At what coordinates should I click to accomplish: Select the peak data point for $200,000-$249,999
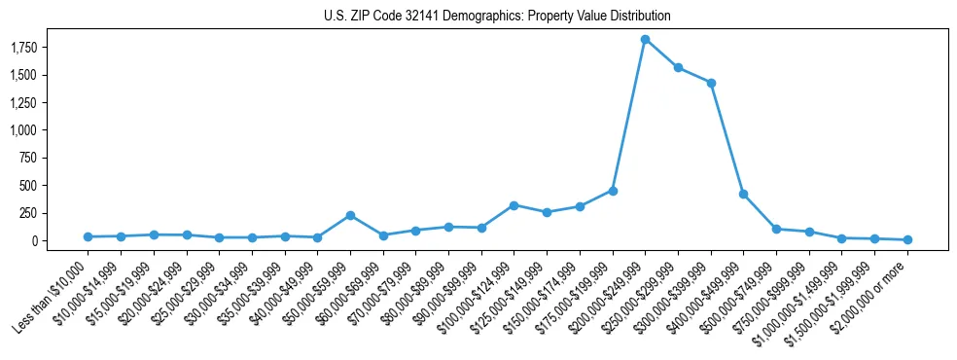tap(645, 39)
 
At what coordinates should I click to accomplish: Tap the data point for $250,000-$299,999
tap(678, 67)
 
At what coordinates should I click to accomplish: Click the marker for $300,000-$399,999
tap(711, 83)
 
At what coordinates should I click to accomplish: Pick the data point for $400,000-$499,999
tap(743, 195)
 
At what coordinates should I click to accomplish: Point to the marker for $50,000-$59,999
tap(350, 215)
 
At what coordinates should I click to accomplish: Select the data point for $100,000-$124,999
tap(514, 205)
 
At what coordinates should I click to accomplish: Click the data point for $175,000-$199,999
tap(613, 191)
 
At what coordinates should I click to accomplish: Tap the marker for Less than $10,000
tap(88, 236)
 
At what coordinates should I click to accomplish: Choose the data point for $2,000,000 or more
tap(907, 239)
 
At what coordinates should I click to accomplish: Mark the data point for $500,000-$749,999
tap(776, 229)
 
